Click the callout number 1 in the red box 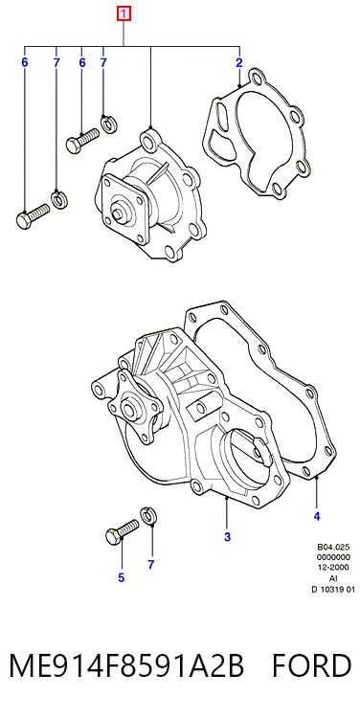(x=124, y=14)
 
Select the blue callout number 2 (x=239, y=63)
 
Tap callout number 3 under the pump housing (x=228, y=537)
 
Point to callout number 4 (x=317, y=516)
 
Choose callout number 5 (x=121, y=577)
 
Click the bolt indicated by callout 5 (x=122, y=531)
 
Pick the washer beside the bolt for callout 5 (x=147, y=515)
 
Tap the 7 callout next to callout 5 (x=151, y=565)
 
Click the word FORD (x=312, y=665)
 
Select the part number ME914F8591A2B (x=126, y=665)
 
